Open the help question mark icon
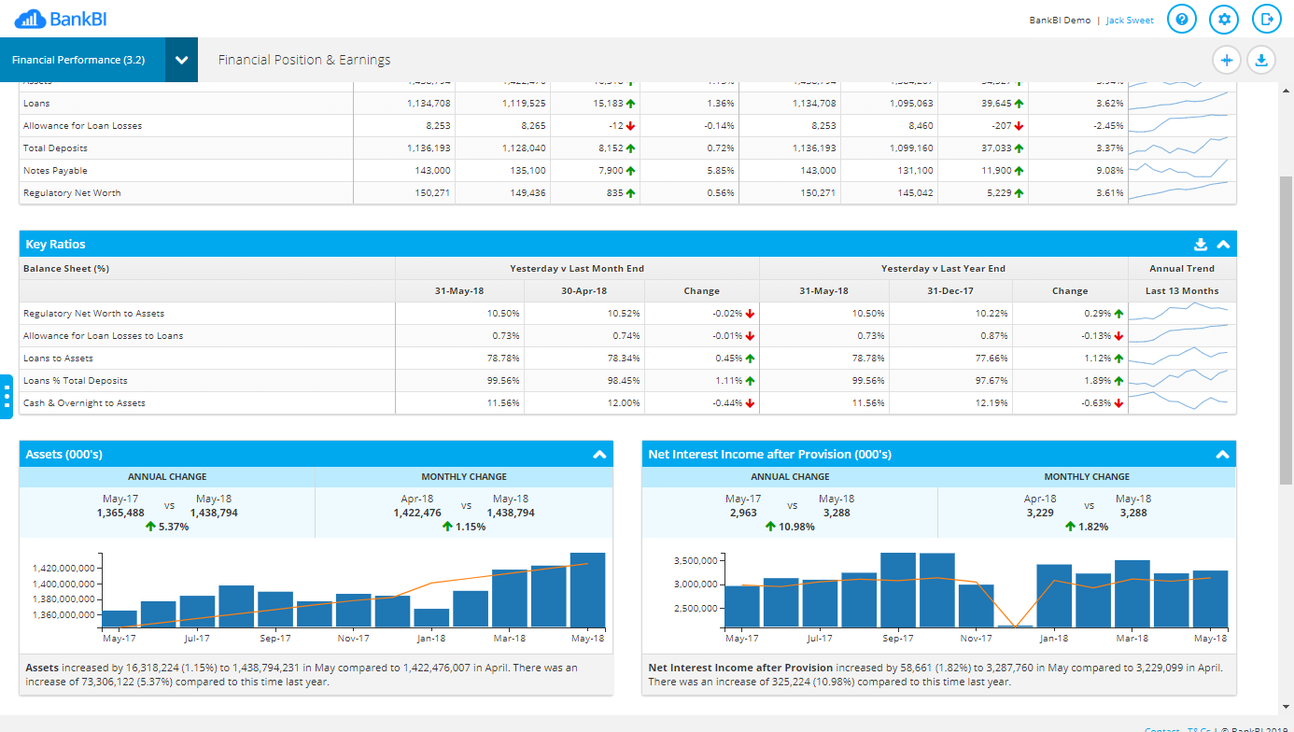pos(1182,19)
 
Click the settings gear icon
pos(1225,19)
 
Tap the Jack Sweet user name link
pos(1130,21)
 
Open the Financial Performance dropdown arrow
pos(181,60)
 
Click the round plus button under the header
pos(1227,61)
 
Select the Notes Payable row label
pos(55,171)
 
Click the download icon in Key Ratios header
pos(1201,245)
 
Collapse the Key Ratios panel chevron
pos(1223,245)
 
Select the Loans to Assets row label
pos(58,359)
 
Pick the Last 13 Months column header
pos(1182,291)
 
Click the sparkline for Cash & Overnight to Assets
pos(1182,402)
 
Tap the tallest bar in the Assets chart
pos(588,590)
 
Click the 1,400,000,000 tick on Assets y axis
pos(63,584)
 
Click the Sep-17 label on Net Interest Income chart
pos(897,639)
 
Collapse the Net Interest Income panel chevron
pos(1221,455)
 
